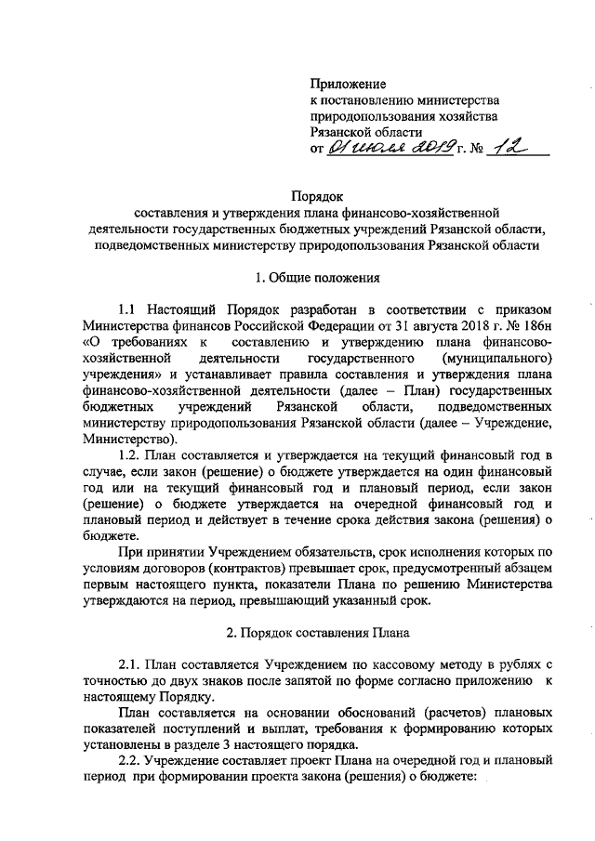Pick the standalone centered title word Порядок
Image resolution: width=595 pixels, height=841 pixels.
point(318,197)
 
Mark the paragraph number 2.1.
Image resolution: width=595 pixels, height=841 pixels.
point(132,665)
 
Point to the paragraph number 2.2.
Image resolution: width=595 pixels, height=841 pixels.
point(132,760)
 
